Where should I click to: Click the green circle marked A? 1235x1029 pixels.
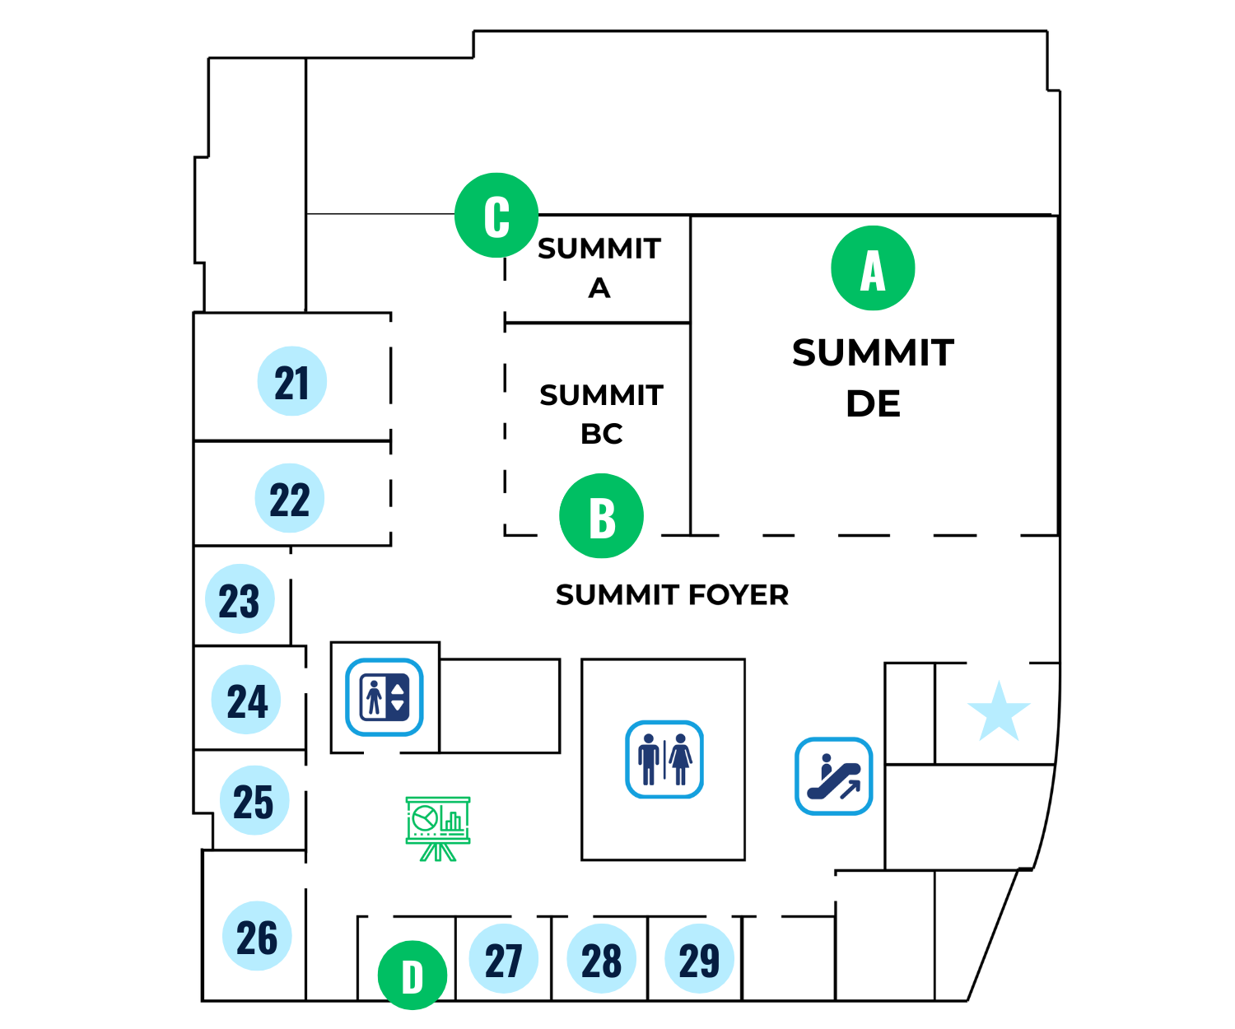[873, 268]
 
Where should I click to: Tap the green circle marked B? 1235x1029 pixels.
[601, 516]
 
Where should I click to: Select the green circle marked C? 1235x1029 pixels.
[496, 215]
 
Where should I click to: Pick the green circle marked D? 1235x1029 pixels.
[412, 975]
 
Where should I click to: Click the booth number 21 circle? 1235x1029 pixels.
[291, 381]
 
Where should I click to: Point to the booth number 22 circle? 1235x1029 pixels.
[290, 498]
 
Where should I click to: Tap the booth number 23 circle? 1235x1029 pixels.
[240, 598]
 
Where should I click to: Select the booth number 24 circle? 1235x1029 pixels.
[247, 700]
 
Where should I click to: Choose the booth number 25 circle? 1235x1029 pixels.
[254, 800]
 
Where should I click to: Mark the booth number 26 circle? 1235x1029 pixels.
[257, 936]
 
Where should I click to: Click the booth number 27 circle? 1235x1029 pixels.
[503, 958]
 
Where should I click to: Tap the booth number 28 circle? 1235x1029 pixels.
[601, 958]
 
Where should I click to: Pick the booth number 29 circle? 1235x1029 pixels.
[699, 958]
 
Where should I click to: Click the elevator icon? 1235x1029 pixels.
[384, 697]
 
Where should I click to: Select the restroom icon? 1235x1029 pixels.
[664, 759]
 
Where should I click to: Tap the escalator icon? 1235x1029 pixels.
[833, 776]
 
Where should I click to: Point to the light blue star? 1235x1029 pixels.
[999, 712]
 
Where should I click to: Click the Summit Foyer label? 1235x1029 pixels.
[672, 594]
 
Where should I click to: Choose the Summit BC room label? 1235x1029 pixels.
[601, 413]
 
